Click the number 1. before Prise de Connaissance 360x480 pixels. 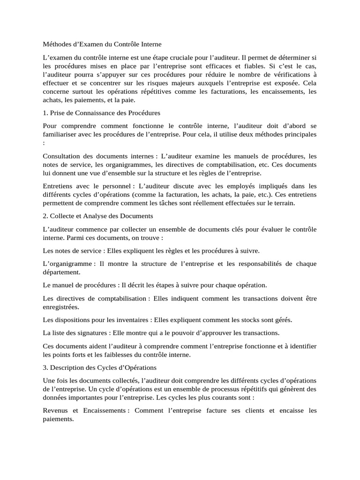(x=45, y=113)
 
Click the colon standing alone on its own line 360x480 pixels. (x=44, y=143)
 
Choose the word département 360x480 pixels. (x=61, y=272)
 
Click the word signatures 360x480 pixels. (x=87, y=333)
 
